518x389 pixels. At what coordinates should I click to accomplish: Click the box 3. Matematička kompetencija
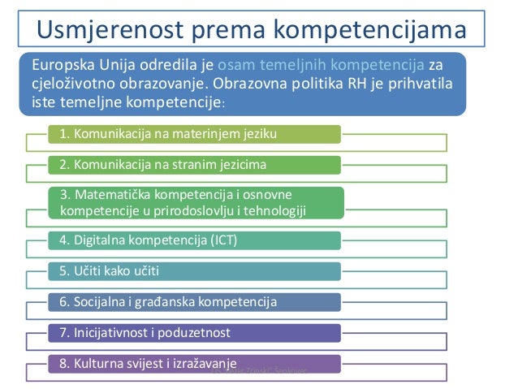click(195, 204)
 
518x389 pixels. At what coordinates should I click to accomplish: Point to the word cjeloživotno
click(70, 84)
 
